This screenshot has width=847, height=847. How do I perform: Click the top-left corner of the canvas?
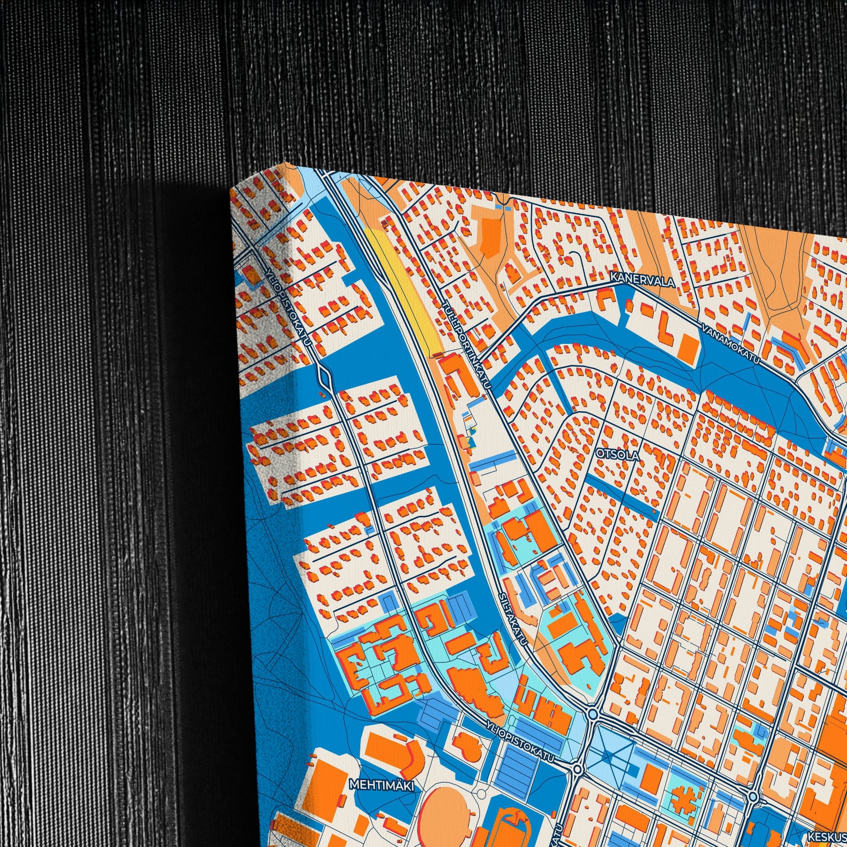[x=231, y=193]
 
